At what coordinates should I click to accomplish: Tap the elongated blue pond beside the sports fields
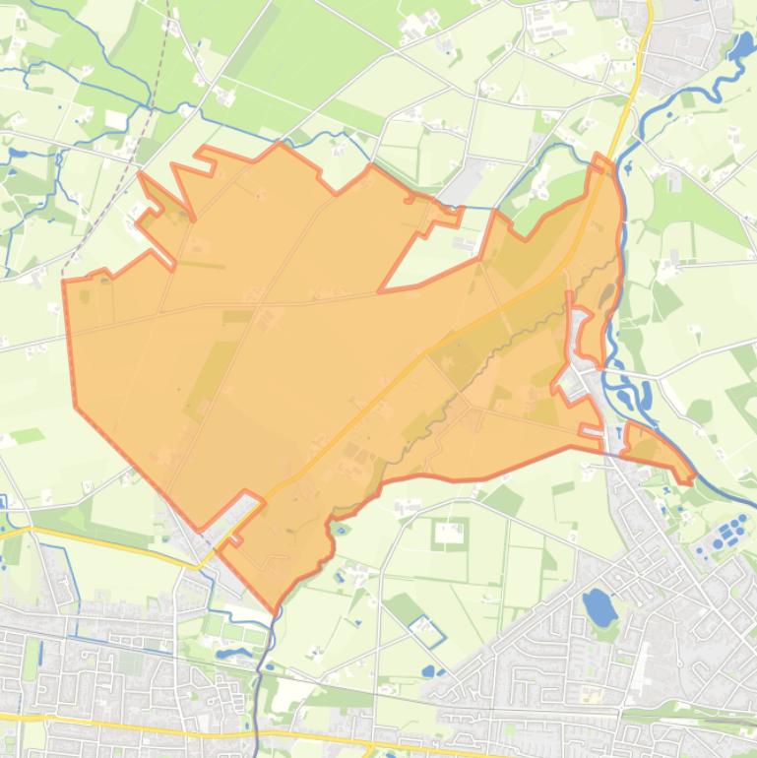coord(234,653)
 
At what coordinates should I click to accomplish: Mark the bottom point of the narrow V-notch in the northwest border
coord(193,217)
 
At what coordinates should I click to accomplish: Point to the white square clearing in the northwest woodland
coord(115,120)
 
